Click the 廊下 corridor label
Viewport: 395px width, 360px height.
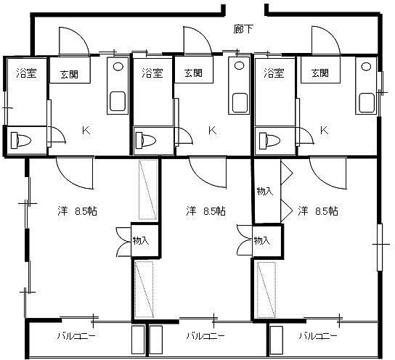pos(243,29)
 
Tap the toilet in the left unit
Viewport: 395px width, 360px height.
pos(20,141)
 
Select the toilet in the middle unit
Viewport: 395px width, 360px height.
pos(146,140)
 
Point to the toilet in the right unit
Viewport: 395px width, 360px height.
pos(269,140)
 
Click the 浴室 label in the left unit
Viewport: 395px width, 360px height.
pos(27,73)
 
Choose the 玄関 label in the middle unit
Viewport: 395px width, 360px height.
pos(193,73)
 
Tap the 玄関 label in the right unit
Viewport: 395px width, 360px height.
pos(320,73)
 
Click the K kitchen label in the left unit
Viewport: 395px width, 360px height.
pos(86,131)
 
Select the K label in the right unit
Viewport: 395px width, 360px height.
pos(324,130)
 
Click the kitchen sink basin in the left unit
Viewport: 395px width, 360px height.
pos(118,101)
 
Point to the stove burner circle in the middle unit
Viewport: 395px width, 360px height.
pos(239,66)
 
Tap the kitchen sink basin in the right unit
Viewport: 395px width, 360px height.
pos(367,103)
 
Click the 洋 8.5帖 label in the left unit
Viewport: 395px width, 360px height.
pos(78,211)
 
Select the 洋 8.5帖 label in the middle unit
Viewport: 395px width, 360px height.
pos(205,211)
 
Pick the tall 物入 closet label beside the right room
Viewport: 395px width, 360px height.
pos(265,191)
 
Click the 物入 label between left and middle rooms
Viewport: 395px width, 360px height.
pos(141,241)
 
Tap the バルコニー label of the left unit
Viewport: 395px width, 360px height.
pos(76,336)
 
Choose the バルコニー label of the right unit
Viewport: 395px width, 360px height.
pos(318,336)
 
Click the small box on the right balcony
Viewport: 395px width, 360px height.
pos(277,340)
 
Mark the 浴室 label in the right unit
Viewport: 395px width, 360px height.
pos(274,73)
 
